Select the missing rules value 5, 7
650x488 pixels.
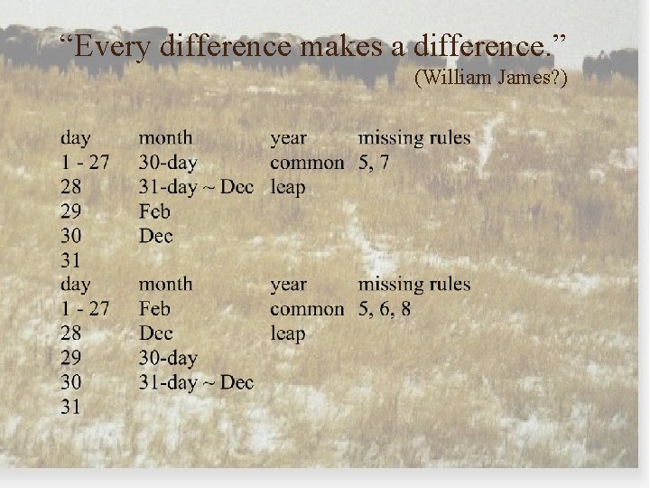pyautogui.click(x=373, y=163)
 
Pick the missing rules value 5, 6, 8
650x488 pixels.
pyautogui.click(x=385, y=309)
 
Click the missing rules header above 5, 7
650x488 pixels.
pyautogui.click(x=414, y=138)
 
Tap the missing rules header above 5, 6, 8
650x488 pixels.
pyautogui.click(x=414, y=285)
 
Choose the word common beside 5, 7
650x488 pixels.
pyautogui.click(x=307, y=164)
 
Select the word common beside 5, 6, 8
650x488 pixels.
pyautogui.click(x=307, y=309)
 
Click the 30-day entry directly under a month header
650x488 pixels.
pyautogui.click(x=168, y=164)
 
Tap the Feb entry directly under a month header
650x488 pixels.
pyautogui.click(x=154, y=309)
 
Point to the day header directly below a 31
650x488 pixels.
pyautogui.click(x=76, y=285)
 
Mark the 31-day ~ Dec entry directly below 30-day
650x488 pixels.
pyautogui.click(x=196, y=382)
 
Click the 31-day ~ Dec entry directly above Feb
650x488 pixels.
pyautogui.click(x=196, y=188)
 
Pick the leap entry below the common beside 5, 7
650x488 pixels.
pyautogui.click(x=288, y=188)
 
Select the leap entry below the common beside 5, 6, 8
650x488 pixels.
pyautogui.click(x=288, y=333)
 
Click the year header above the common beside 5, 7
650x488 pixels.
pyautogui.click(x=288, y=138)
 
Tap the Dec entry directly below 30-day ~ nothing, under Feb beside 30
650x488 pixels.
pyautogui.click(x=155, y=237)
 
